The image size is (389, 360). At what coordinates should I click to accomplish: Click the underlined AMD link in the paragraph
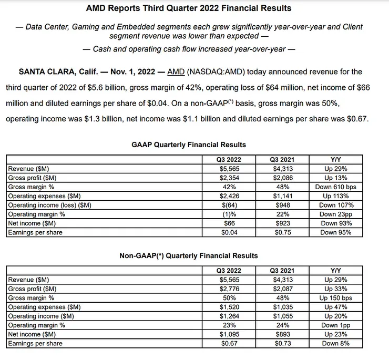[x=177, y=71]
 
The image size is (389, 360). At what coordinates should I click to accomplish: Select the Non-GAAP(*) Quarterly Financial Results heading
[x=189, y=255]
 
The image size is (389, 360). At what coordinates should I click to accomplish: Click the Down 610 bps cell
[x=336, y=187]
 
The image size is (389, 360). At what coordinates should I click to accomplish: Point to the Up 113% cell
[x=336, y=196]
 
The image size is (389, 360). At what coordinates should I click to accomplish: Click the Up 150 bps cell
[x=336, y=298]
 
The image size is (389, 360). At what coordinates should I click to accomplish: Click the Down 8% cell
[x=336, y=343]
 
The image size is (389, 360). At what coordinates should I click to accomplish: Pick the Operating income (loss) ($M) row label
[x=49, y=205]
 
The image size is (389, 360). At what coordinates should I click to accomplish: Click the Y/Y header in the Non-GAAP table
[x=336, y=270]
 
